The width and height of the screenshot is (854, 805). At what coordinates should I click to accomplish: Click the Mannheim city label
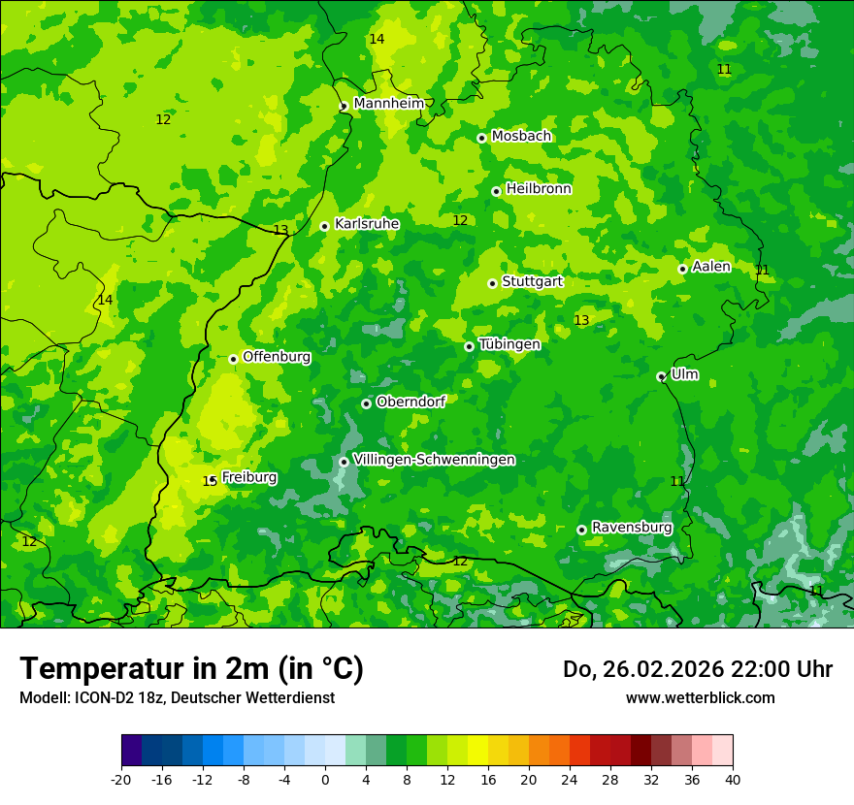pos(388,104)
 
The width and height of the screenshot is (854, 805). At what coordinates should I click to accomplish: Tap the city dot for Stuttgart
pos(493,283)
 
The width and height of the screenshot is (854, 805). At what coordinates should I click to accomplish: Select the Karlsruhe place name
pos(367,224)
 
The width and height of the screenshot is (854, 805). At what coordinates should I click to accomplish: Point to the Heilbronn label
pos(539,189)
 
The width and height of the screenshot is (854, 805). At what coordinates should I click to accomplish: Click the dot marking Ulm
pos(662,376)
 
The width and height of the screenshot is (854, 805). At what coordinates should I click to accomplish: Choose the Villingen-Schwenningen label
pos(434,460)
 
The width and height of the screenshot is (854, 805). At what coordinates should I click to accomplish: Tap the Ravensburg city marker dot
pos(582,530)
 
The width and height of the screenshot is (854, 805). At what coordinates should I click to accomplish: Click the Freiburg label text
pos(249,477)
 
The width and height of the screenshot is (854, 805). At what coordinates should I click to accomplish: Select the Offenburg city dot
pos(234,359)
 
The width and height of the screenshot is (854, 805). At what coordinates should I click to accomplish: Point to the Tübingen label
pos(509,344)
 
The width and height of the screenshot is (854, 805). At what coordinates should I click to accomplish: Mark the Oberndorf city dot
pos(367,403)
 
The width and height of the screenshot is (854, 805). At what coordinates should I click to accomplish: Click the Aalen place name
pos(711,267)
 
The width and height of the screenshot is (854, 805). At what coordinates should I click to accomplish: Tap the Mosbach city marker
pos(482,138)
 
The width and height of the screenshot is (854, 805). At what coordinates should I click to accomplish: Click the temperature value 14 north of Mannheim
pos(377,39)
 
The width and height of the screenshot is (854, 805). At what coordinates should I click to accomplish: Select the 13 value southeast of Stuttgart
pos(581,320)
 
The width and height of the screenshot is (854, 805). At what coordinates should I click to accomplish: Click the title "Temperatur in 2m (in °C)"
pos(191,669)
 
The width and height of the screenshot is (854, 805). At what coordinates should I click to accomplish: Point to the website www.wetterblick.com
pos(700,698)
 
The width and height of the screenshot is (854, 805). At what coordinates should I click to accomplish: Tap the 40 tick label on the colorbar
pos(732,780)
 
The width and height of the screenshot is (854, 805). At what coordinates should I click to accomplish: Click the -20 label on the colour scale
pos(121,780)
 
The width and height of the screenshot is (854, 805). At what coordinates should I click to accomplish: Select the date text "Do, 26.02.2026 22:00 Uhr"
pos(698,669)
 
